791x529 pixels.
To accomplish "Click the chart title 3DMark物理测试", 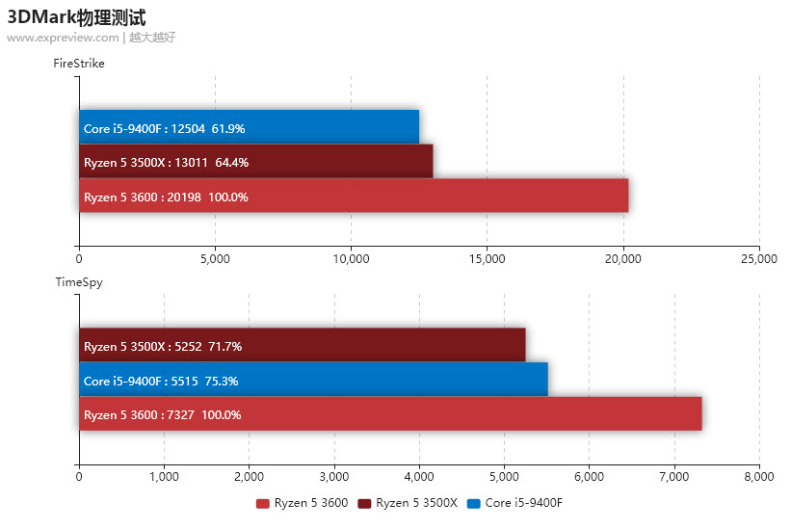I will [x=77, y=16].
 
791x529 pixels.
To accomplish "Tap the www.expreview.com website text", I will [x=63, y=38].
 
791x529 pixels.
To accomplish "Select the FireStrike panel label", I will [x=79, y=64].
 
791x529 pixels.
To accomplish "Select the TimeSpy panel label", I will [x=78, y=282].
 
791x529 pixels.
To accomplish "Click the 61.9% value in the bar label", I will [x=228, y=128].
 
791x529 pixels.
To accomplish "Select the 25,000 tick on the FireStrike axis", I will [x=759, y=258].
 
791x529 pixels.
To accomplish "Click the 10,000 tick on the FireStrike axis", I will [x=351, y=258].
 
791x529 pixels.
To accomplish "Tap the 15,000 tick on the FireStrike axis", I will [x=487, y=258].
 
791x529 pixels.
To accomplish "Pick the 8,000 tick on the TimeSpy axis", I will [x=759, y=476].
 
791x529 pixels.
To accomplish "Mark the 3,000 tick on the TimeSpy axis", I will [x=333, y=476].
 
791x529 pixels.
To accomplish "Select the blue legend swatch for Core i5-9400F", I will [x=473, y=503].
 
